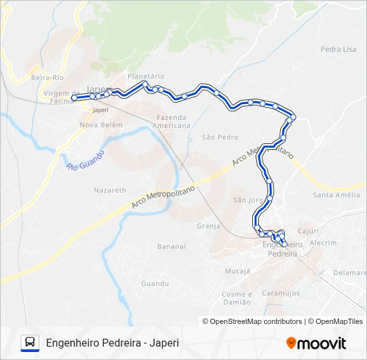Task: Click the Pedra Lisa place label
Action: [x=338, y=49]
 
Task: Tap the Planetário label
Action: [x=145, y=77]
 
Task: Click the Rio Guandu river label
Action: [x=86, y=160]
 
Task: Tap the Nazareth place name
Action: [x=110, y=190]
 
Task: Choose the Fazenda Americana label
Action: [x=171, y=121]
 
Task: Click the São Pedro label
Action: [x=220, y=137]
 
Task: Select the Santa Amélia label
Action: [x=336, y=195]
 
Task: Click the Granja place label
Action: [x=208, y=226]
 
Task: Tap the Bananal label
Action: [x=171, y=247]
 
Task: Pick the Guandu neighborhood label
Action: [x=155, y=283]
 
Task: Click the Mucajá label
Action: [x=238, y=271]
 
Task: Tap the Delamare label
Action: [x=350, y=273]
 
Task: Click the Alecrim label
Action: [x=324, y=243]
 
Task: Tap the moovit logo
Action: [x=316, y=343]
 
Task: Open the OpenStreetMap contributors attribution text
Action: [x=256, y=321]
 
